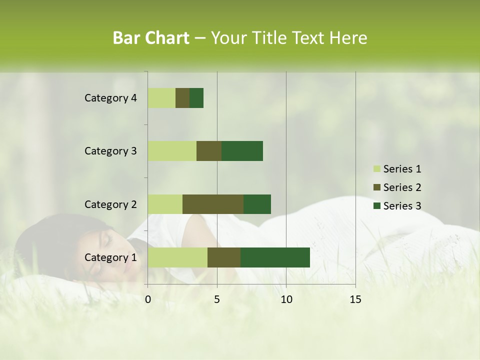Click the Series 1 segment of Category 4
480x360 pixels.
click(x=161, y=98)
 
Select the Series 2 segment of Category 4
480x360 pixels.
click(x=182, y=98)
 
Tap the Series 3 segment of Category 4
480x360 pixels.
click(x=196, y=98)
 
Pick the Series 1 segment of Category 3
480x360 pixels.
click(x=172, y=151)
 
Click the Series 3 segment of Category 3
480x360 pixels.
click(x=242, y=151)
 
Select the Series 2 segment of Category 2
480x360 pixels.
click(x=213, y=204)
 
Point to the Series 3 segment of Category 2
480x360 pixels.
click(x=257, y=204)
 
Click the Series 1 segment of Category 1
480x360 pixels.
click(x=177, y=257)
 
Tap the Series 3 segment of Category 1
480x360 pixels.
click(x=275, y=257)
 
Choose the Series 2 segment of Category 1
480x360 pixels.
click(x=224, y=257)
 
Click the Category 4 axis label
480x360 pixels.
click(x=110, y=98)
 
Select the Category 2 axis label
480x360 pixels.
click(x=110, y=204)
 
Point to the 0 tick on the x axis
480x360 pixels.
click(x=148, y=299)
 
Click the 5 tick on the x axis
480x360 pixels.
click(x=217, y=299)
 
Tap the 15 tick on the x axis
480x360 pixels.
click(x=355, y=299)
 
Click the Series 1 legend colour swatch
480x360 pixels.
click(x=376, y=169)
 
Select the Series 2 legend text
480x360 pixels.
click(x=402, y=187)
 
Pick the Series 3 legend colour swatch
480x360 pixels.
click(x=376, y=206)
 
